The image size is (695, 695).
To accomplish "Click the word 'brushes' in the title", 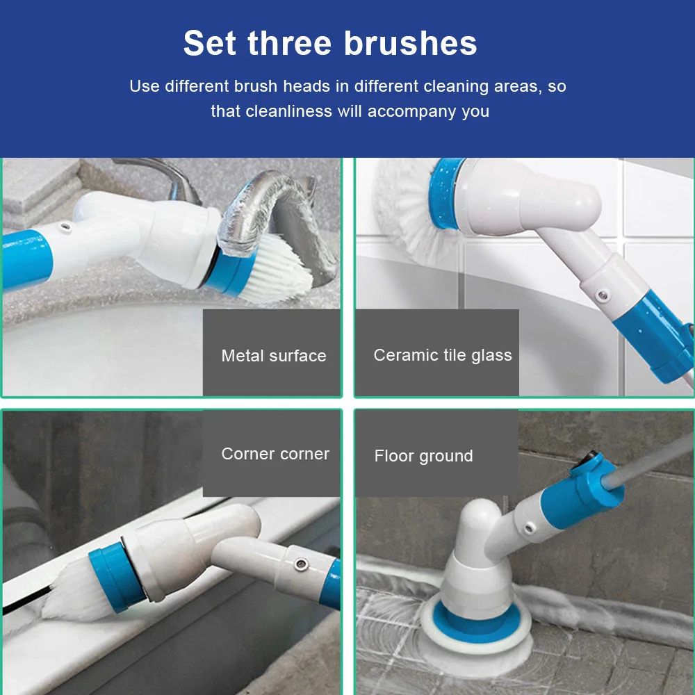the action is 411,43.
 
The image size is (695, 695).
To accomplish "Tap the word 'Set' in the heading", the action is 210,43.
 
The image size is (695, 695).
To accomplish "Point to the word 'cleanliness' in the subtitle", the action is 288,111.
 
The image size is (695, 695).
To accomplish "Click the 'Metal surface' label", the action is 274,355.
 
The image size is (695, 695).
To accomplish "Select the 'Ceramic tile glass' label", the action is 443,355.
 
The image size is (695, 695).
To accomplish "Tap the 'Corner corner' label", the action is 275,454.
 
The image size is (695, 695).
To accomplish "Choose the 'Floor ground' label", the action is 424,456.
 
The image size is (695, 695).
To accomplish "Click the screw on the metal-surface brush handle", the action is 66,227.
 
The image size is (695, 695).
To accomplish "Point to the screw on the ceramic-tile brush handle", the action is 602,295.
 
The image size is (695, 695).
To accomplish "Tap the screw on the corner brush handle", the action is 302,564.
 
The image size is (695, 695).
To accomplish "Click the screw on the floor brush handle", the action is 528,528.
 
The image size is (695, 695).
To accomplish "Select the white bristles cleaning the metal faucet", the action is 277,270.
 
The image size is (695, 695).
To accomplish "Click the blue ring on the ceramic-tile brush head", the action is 444,193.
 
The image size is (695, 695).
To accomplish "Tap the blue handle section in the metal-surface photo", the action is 26,260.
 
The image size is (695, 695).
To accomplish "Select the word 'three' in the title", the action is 290,43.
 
